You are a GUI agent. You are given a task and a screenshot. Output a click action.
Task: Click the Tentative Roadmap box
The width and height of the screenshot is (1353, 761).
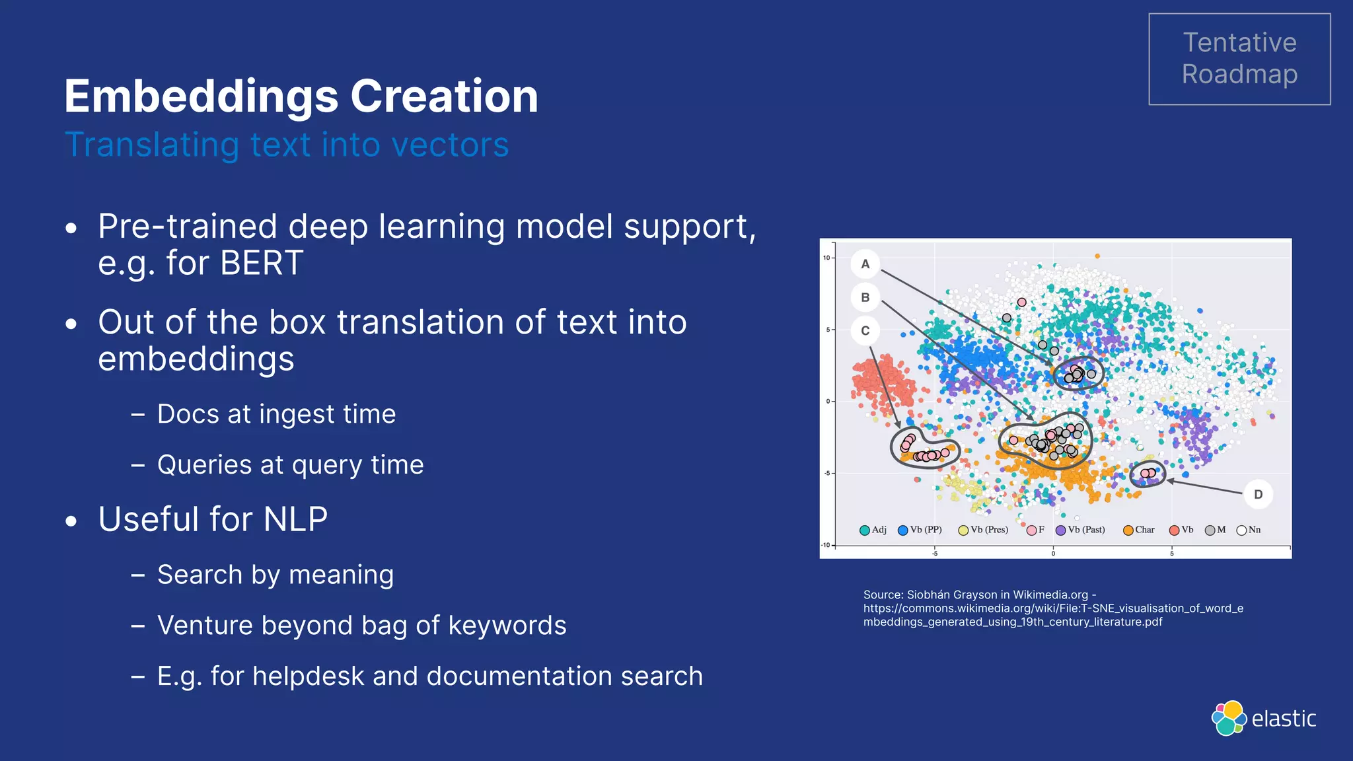click(x=1239, y=59)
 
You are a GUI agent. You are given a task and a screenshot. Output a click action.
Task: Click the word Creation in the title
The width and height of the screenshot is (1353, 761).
click(x=444, y=96)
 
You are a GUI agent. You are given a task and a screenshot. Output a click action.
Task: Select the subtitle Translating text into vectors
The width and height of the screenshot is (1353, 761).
click(x=287, y=145)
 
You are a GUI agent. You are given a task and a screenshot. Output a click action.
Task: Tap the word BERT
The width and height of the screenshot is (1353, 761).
click(x=262, y=263)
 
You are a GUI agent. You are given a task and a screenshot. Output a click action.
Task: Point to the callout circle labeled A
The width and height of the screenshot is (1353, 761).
click(x=865, y=264)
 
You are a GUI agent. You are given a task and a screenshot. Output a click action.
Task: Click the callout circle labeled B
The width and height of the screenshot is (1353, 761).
click(x=865, y=297)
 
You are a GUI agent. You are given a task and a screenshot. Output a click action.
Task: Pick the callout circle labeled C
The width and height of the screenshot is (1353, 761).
click(x=865, y=331)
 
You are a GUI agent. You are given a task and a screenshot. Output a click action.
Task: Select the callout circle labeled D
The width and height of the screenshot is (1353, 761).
click(x=1258, y=494)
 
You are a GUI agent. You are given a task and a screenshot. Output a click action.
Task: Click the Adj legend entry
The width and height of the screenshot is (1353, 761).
click(x=873, y=530)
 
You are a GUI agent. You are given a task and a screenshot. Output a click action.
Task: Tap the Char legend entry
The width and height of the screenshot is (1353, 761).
click(x=1139, y=530)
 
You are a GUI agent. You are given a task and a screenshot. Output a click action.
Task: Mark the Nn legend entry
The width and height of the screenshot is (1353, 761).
click(x=1249, y=530)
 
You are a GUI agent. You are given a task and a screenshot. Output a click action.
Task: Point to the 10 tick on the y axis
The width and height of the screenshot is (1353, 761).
click(x=826, y=258)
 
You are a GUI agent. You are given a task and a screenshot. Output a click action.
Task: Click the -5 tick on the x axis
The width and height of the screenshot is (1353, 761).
click(x=935, y=554)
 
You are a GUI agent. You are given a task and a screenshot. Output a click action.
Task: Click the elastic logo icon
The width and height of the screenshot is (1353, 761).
click(x=1229, y=718)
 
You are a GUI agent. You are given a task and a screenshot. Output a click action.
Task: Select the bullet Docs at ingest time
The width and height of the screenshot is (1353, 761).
click(x=276, y=414)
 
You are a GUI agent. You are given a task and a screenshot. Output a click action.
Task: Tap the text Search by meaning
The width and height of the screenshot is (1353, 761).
click(x=275, y=575)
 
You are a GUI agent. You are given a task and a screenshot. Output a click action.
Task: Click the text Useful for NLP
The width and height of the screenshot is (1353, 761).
click(x=213, y=519)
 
